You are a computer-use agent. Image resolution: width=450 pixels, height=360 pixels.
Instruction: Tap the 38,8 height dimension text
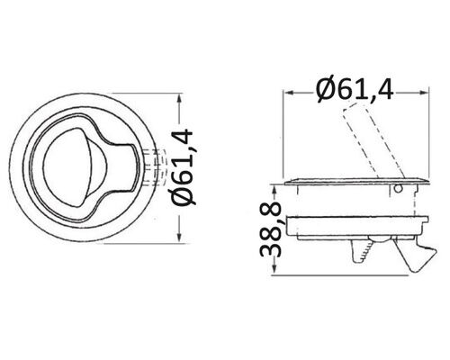270,230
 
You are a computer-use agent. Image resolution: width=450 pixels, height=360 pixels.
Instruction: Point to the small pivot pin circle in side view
398,189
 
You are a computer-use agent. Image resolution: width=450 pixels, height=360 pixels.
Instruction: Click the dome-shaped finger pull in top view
76,167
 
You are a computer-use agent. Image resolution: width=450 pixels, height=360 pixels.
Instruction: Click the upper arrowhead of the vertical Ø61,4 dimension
180,100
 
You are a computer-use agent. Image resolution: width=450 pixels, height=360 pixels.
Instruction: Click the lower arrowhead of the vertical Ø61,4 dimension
180,236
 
